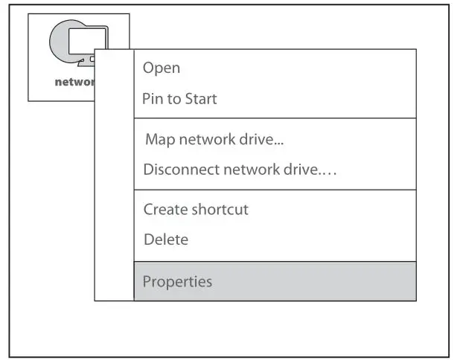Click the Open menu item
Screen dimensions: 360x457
(162, 68)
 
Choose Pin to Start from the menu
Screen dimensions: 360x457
(179, 99)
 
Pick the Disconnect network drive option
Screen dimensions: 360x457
(240, 170)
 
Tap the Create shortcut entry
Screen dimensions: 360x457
(196, 210)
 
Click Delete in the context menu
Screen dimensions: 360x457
(166, 240)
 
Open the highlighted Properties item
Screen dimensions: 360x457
(177, 282)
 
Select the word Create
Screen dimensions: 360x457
(164, 210)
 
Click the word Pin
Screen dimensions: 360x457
(151, 99)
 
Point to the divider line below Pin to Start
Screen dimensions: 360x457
(275, 118)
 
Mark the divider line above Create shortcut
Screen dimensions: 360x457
(275, 190)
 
